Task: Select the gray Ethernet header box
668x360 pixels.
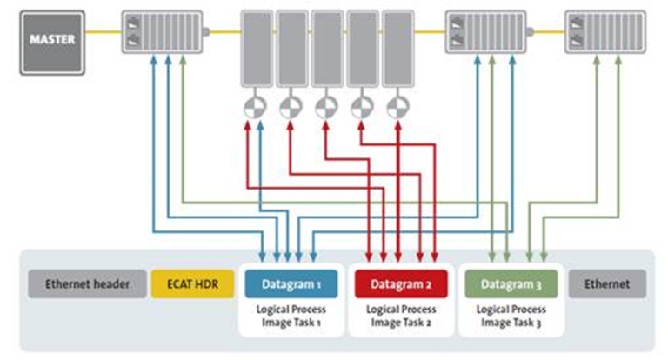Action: [87, 283]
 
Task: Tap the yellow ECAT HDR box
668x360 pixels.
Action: [190, 283]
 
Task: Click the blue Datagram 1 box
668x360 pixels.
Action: [291, 283]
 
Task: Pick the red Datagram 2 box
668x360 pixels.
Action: [400, 283]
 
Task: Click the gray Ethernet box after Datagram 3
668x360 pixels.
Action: [607, 283]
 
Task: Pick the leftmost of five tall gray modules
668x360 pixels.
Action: [256, 48]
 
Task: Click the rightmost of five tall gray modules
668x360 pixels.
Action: [397, 48]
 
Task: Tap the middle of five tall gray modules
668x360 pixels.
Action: [326, 48]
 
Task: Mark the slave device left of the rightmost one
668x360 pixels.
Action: [485, 34]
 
